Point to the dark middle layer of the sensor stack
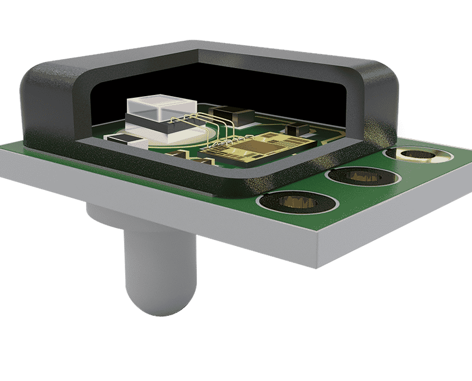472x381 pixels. coord(159,126)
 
